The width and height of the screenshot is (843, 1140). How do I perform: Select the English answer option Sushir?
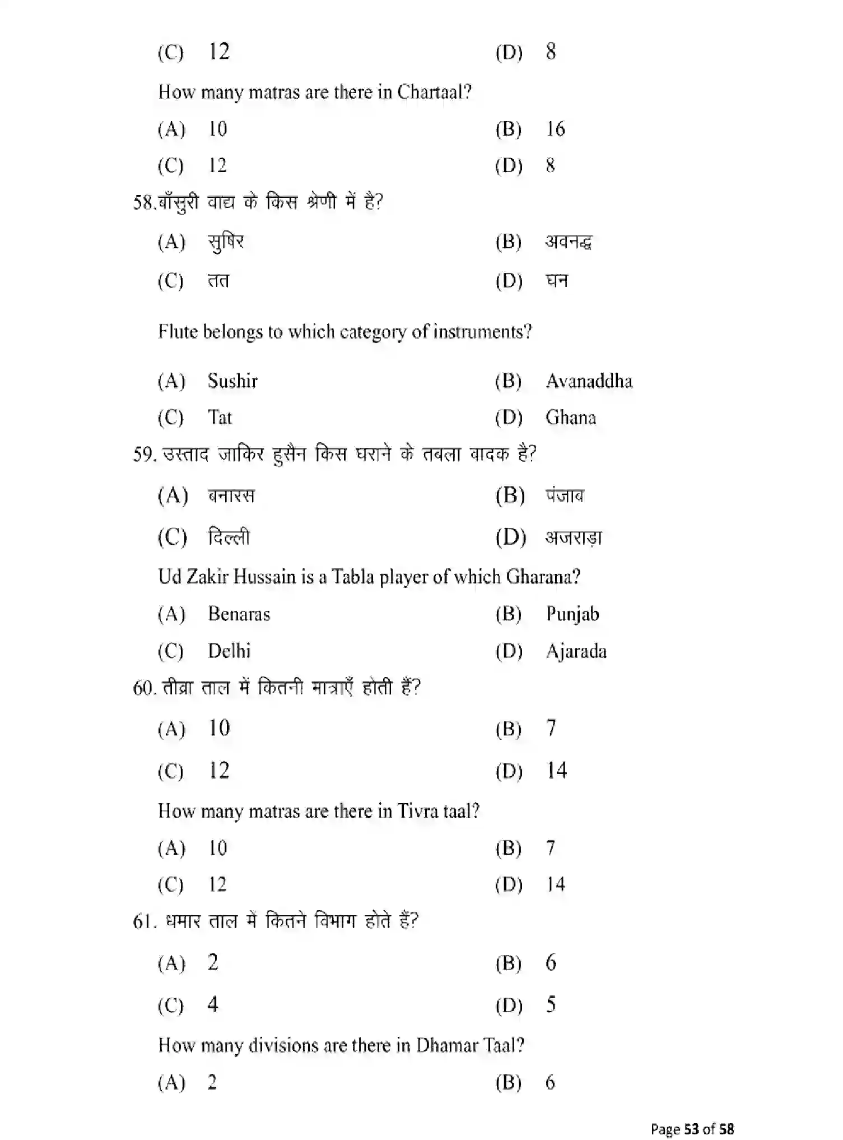pyautogui.click(x=232, y=381)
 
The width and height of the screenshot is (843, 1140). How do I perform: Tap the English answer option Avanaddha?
pyautogui.click(x=589, y=381)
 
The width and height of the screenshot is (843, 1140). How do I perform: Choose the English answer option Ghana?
pyautogui.click(x=570, y=418)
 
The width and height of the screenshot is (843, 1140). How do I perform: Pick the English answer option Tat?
pyautogui.click(x=220, y=418)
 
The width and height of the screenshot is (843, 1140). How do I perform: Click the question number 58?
pyautogui.click(x=144, y=202)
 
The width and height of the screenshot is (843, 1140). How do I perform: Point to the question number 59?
pyautogui.click(x=144, y=454)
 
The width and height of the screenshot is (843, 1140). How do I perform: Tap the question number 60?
pyautogui.click(x=144, y=688)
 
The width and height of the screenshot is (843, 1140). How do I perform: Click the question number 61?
pyautogui.click(x=144, y=921)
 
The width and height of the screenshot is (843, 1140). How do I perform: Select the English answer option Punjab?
pyautogui.click(x=572, y=614)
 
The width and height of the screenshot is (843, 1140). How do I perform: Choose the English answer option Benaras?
pyautogui.click(x=239, y=614)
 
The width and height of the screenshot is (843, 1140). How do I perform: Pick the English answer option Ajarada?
pyautogui.click(x=576, y=651)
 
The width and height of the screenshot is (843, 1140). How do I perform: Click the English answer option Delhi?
pyautogui.click(x=229, y=651)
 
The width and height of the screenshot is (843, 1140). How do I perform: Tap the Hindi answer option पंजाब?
pyautogui.click(x=565, y=496)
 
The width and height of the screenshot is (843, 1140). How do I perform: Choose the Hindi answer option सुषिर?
pyautogui.click(x=226, y=242)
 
